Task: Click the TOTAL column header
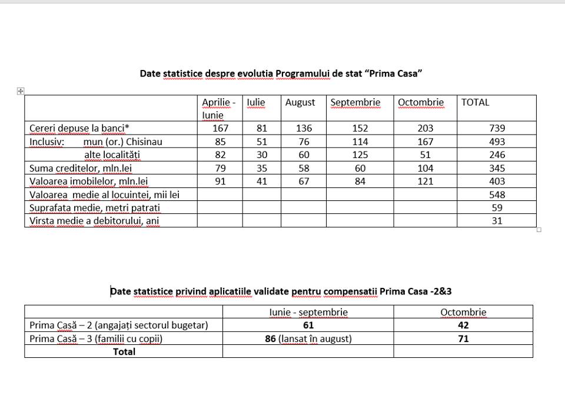coord(475,102)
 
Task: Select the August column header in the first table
coord(300,102)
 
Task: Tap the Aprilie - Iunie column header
coord(218,109)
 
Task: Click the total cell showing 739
coord(497,128)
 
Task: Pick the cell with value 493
coord(497,142)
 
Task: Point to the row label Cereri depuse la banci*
coord(79,128)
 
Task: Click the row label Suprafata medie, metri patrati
coord(95,208)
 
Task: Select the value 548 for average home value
coord(497,194)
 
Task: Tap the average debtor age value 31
coord(497,221)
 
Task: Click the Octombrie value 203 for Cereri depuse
coord(425,128)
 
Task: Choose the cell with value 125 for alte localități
coord(360,155)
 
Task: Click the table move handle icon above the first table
coord(21,90)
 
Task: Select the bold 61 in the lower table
coord(308,325)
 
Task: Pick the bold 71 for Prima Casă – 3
coord(463,338)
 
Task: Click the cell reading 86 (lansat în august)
coord(308,338)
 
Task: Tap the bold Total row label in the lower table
coord(124,351)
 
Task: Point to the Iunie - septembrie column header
coord(308,312)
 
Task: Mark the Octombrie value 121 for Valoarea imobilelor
coord(425,182)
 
